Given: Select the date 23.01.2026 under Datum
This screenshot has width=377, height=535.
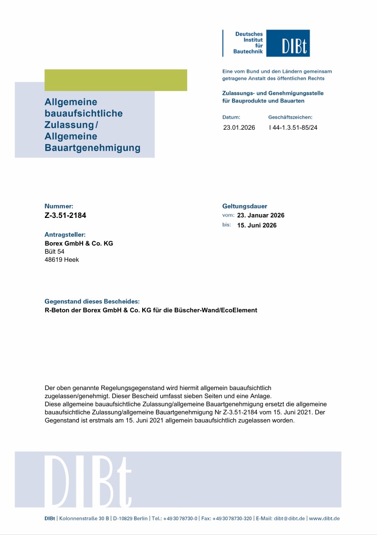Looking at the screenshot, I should click(x=239, y=128).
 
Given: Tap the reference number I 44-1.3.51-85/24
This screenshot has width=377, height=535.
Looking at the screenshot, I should click(x=293, y=128).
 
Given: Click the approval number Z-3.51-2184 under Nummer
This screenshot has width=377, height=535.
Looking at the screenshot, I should click(x=65, y=215).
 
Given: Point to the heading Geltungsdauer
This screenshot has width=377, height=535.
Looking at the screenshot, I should click(x=245, y=206).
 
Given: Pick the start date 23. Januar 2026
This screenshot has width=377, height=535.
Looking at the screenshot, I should click(x=261, y=216).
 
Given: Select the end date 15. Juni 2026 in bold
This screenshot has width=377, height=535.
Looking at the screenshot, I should click(x=257, y=225).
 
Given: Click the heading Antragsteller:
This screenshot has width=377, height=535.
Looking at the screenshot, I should click(x=65, y=235).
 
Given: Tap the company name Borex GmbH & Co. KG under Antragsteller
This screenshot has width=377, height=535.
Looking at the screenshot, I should click(x=79, y=243).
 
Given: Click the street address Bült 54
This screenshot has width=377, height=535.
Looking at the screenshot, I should click(x=54, y=251).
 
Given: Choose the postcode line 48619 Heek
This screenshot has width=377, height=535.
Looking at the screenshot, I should click(x=62, y=260).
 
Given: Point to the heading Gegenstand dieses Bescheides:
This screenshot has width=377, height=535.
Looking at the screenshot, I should click(x=92, y=301).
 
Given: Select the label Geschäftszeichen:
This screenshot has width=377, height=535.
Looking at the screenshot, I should click(x=290, y=117).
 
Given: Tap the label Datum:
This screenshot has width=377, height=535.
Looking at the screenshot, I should click(x=231, y=117).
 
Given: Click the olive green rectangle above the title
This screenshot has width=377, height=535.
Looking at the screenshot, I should click(x=115, y=80).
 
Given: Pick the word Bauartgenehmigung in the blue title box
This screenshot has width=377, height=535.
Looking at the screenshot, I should click(x=92, y=148).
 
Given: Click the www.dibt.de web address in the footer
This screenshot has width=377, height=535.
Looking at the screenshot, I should click(x=325, y=518).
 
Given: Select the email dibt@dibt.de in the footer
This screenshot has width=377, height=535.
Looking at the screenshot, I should click(x=289, y=518).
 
